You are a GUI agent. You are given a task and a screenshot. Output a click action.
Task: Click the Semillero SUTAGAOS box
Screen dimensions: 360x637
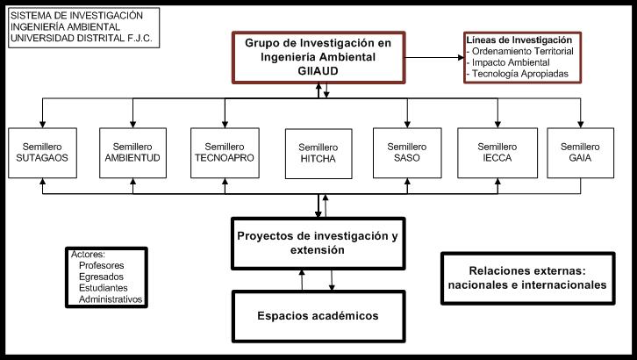click(x=42, y=153)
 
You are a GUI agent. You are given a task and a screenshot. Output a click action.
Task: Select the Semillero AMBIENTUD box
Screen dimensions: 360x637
click(x=132, y=153)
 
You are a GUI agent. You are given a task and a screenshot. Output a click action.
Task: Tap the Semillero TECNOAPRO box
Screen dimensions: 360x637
click(x=224, y=153)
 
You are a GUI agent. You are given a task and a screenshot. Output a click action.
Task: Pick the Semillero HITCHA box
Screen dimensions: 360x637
click(x=317, y=153)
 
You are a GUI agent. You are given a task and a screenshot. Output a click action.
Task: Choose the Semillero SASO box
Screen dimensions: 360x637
click(x=407, y=153)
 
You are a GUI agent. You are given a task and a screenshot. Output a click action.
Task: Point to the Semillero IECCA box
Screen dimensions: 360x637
click(x=498, y=153)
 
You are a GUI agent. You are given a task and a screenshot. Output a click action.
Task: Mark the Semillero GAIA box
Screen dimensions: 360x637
click(x=579, y=153)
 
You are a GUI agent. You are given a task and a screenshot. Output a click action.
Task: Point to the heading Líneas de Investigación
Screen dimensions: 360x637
click(x=519, y=40)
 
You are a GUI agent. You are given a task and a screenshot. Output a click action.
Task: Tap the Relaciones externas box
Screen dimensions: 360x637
click(x=526, y=277)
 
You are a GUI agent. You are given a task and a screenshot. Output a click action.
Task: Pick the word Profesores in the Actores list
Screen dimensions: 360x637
click(x=101, y=265)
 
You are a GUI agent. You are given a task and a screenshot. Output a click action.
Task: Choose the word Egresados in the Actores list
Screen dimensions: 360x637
click(x=102, y=277)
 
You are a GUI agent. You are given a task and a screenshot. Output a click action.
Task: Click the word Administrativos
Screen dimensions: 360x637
click(x=110, y=299)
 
